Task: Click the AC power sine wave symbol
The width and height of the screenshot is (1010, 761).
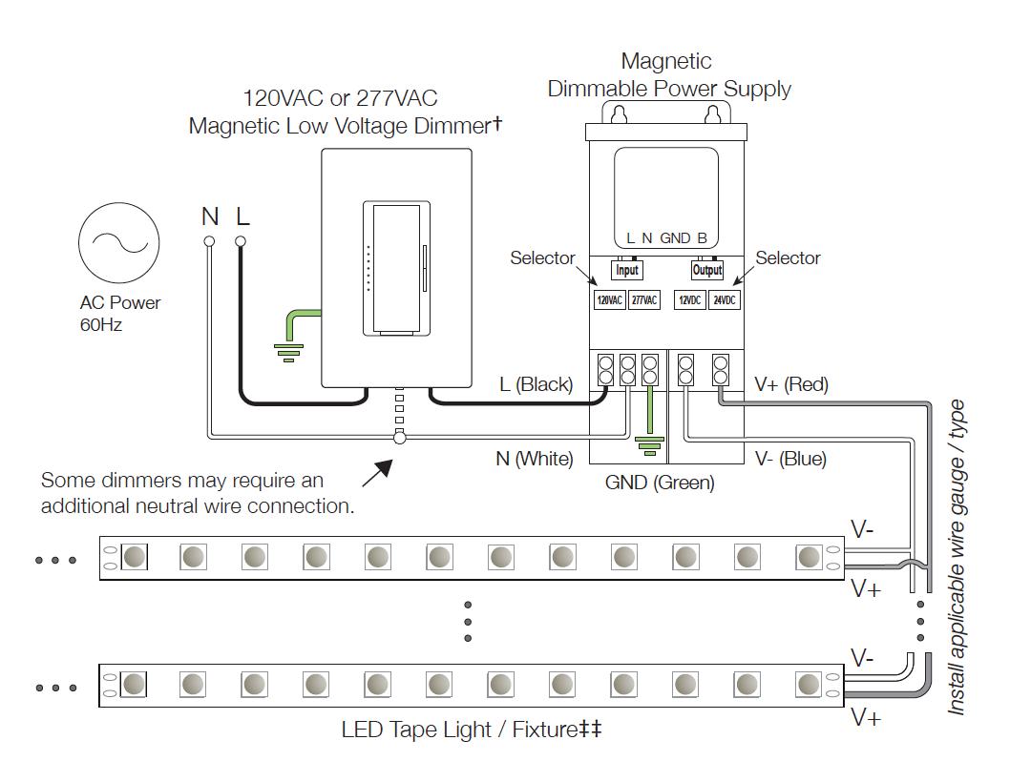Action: (118, 243)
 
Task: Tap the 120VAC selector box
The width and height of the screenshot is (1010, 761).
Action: (610, 299)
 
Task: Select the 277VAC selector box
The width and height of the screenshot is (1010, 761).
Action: (644, 299)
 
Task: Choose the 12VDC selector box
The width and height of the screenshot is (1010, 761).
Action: (690, 299)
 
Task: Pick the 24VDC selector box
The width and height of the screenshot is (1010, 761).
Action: (725, 299)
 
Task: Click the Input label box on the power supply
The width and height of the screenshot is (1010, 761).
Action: (626, 270)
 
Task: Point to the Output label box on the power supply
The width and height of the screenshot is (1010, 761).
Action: (707, 270)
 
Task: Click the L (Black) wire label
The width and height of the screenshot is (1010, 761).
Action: (536, 384)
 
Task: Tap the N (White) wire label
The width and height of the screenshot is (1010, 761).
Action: (534, 459)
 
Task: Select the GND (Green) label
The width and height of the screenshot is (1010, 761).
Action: (660, 483)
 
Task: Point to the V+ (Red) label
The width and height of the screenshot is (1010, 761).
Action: (790, 384)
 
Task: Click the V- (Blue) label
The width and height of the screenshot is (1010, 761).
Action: (790, 459)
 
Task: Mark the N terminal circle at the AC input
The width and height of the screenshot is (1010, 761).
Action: (209, 241)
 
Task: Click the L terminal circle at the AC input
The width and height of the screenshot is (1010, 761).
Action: (241, 241)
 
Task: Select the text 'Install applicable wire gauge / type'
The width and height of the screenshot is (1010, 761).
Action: (957, 558)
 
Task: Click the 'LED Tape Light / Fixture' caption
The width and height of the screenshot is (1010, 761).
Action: (472, 730)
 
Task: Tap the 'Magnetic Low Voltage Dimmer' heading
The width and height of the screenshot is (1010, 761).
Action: (345, 125)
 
